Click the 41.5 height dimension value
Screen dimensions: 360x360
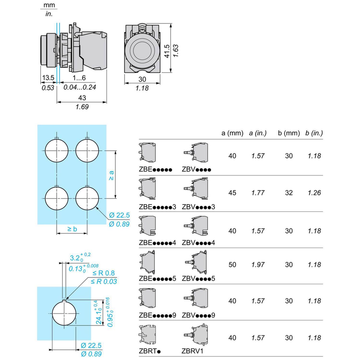pyautogui.click(x=167, y=51)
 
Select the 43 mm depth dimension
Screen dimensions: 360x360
pyautogui.click(x=82, y=97)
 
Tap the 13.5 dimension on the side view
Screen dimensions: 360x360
pyautogui.click(x=48, y=78)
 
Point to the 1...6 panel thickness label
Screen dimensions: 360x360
pyautogui.click(x=79, y=78)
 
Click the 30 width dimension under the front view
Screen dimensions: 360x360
pyautogui.click(x=142, y=79)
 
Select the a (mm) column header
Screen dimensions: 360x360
pyautogui.click(x=232, y=133)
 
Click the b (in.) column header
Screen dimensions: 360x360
pyautogui.click(x=314, y=133)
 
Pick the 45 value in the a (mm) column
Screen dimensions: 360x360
pyautogui.click(x=232, y=193)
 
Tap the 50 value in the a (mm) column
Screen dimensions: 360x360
pyautogui.click(x=232, y=265)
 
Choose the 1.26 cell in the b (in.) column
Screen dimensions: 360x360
pyautogui.click(x=314, y=193)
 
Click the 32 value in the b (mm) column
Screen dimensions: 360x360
pyautogui.click(x=289, y=193)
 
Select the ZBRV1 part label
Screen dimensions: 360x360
pyautogui.click(x=192, y=351)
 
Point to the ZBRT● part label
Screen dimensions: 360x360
pyautogui.click(x=150, y=351)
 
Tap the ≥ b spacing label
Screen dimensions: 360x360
pyautogui.click(x=72, y=229)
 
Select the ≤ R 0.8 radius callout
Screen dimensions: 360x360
pyautogui.click(x=103, y=273)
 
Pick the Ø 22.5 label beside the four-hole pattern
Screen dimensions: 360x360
pyautogui.click(x=119, y=215)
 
